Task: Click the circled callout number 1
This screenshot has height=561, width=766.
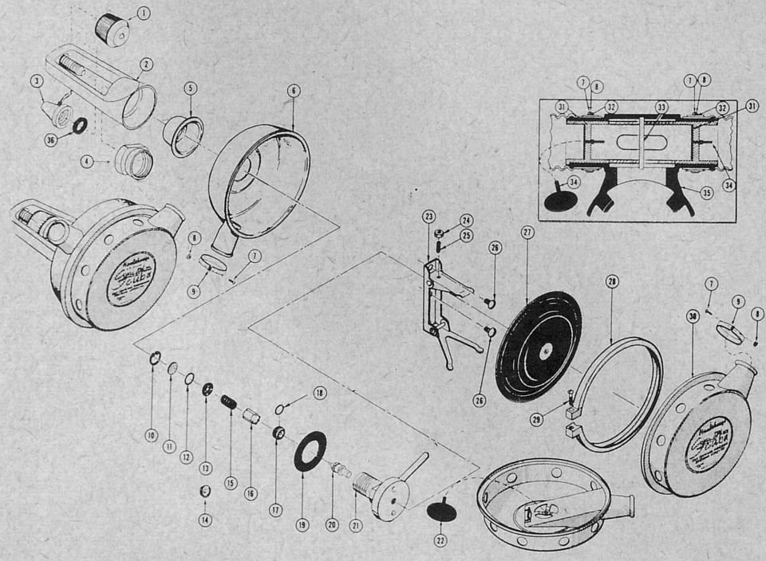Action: click(x=143, y=13)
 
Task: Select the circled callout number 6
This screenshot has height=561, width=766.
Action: click(x=293, y=92)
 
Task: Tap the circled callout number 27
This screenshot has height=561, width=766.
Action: click(x=527, y=233)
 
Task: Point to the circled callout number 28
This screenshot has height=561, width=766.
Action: click(x=612, y=280)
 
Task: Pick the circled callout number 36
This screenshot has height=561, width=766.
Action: click(x=52, y=139)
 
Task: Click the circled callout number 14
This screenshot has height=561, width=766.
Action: click(x=205, y=520)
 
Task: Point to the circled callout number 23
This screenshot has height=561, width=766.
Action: click(x=428, y=216)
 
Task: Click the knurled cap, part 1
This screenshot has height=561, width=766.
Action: click(x=112, y=29)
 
